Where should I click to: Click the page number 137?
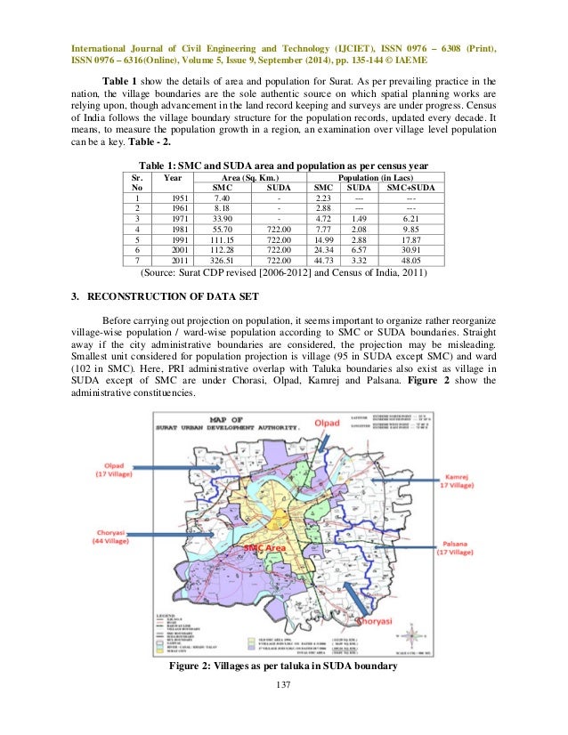283,683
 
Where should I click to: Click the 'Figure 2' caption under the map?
283,668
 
